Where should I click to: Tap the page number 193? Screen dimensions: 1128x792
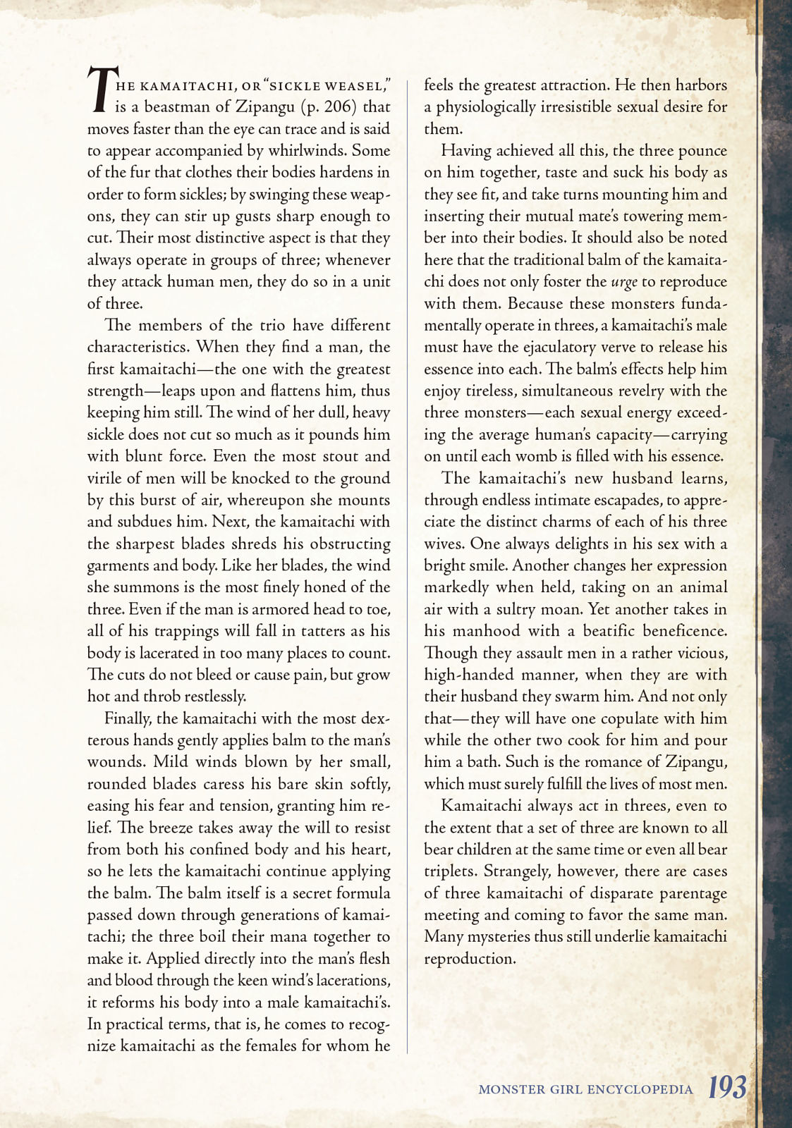(727, 1087)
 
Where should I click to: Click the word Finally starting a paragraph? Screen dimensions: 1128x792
(128, 718)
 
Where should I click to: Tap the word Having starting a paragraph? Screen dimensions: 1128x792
(466, 150)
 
